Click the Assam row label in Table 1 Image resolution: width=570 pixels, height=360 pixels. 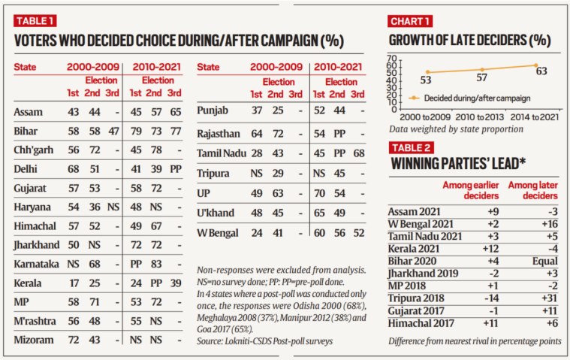[x=27, y=111]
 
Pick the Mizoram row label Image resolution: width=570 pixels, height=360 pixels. [x=32, y=340]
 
